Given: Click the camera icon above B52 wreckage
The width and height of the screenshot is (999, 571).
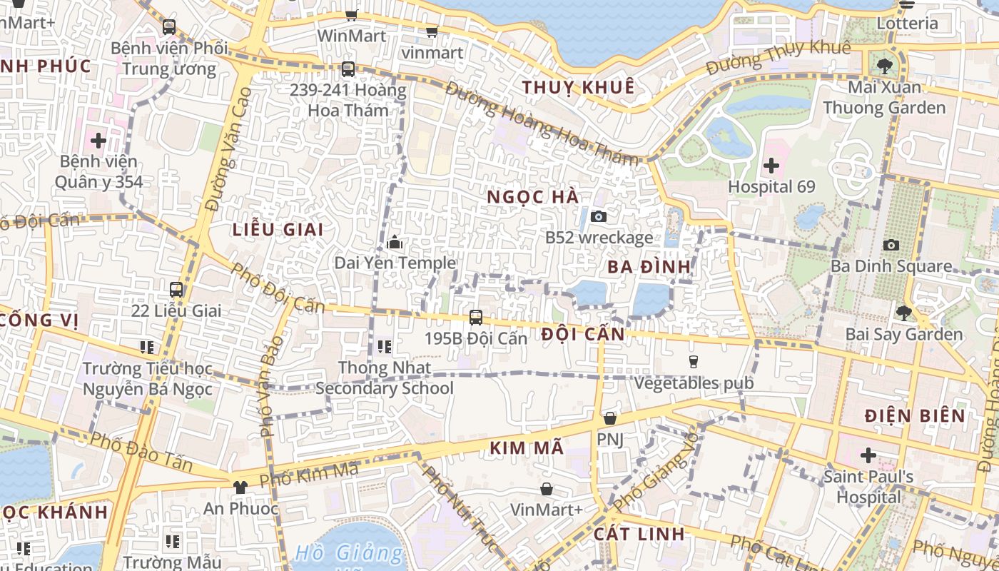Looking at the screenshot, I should click(x=599, y=216).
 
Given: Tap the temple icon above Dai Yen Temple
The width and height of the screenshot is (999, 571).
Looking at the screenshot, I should click(x=395, y=243).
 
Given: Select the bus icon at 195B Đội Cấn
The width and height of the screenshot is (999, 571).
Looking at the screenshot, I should click(x=476, y=317).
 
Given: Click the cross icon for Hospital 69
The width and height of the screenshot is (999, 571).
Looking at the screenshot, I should click(x=771, y=166).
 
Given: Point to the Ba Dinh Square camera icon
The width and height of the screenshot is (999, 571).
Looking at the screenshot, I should click(x=891, y=246).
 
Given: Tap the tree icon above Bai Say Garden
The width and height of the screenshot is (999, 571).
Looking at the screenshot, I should click(x=903, y=313).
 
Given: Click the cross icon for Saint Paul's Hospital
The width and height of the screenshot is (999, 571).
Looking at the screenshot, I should click(x=868, y=455).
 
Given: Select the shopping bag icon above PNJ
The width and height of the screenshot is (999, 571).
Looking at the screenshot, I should click(x=610, y=418).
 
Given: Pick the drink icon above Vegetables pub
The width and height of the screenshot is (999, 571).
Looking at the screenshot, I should click(x=694, y=362).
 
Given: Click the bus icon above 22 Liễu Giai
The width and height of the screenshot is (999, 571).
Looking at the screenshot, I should click(x=176, y=290).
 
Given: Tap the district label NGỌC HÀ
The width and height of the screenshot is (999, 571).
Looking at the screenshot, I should click(x=533, y=197).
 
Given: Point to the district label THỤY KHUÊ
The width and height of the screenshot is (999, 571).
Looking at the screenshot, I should click(x=578, y=88).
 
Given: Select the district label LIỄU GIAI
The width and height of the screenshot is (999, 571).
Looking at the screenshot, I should click(x=278, y=230).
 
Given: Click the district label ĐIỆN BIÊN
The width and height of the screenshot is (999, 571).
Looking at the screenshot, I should click(x=915, y=415).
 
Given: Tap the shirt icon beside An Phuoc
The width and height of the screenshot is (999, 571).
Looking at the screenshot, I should click(x=240, y=487).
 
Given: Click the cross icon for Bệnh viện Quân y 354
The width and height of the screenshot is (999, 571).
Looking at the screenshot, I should click(x=98, y=141).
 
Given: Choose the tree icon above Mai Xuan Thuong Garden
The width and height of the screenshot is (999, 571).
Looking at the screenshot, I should click(x=885, y=66).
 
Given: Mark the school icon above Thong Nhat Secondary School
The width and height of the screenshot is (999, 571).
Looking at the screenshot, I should click(x=385, y=347).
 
